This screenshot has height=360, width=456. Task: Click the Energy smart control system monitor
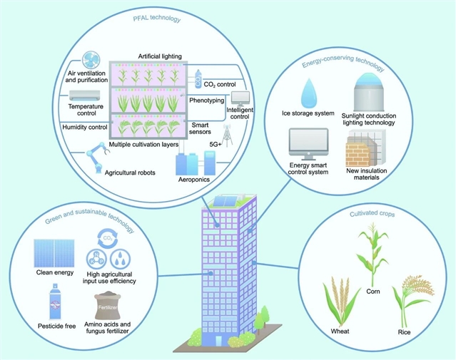(x=307, y=146)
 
